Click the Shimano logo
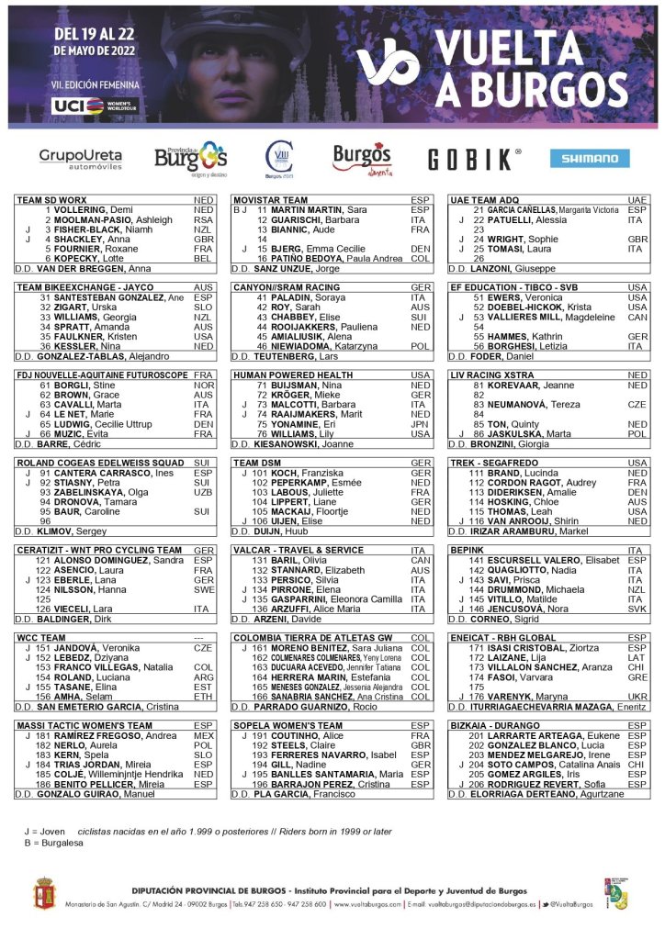(590, 158)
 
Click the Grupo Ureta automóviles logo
(81, 159)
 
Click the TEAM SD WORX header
(52, 199)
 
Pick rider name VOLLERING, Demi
(89, 209)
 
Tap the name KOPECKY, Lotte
(85, 259)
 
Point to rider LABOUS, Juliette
(299, 492)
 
